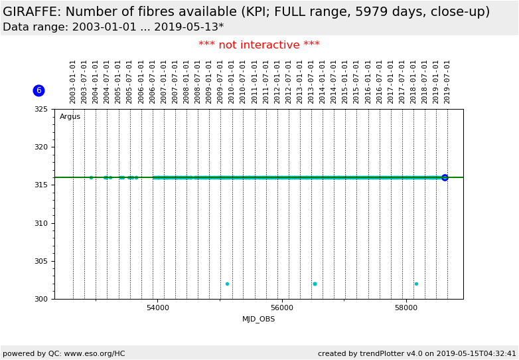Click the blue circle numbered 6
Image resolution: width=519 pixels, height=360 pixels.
point(38,90)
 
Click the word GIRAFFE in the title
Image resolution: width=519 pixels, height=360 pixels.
point(31,12)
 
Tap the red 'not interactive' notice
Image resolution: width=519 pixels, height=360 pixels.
point(259,45)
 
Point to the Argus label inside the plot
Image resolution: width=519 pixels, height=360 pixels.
point(70,117)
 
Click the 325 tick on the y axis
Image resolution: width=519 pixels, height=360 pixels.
point(42,109)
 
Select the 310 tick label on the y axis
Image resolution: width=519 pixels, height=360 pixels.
point(42,223)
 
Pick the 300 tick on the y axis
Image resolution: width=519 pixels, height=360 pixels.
point(42,299)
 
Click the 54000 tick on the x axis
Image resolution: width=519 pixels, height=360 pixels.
point(157,308)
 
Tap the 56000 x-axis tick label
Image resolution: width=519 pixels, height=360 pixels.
point(282,308)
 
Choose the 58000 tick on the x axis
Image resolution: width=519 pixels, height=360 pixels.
point(406,308)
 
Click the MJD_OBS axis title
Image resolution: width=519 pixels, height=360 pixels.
point(258,319)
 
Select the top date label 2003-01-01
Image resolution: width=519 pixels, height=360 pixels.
point(73,82)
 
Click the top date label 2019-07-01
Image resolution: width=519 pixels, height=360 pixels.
point(447,82)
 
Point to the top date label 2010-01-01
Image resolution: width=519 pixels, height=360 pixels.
point(232,82)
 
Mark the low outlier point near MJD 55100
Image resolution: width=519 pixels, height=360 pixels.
point(227,284)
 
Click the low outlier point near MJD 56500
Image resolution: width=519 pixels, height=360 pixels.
point(315,284)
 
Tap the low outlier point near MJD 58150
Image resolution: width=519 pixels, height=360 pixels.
point(416,284)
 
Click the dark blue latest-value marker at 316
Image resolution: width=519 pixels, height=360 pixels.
point(445,177)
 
